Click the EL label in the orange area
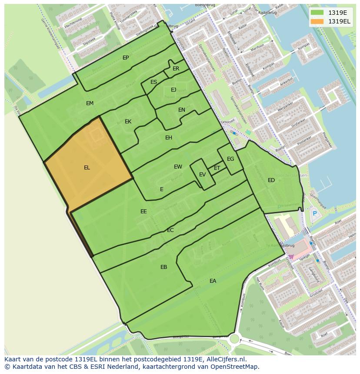coord(87,168)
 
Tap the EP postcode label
coord(126,58)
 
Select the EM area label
coord(90,103)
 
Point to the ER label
coord(176,69)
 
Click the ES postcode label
coord(153,82)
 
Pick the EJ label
coord(173,90)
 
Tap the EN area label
coord(182,110)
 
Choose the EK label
coord(128,122)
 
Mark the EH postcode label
coord(169,138)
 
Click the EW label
coord(178,167)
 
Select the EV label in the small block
coord(202,175)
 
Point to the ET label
coord(217,168)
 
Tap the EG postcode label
coord(230,159)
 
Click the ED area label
coord(271,180)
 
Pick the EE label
coord(143,212)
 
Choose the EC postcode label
coord(170,230)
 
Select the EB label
coord(163,267)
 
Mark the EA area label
coord(213,281)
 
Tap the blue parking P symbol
coord(315,213)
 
